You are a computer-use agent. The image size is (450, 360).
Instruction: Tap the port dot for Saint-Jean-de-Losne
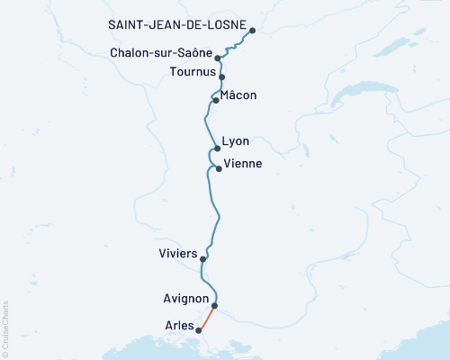click(x=252, y=31)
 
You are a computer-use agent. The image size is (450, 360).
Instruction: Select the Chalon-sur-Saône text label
click(x=160, y=53)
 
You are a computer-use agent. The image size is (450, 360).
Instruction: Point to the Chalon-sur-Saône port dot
click(x=218, y=58)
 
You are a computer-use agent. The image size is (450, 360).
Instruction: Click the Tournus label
click(x=190, y=71)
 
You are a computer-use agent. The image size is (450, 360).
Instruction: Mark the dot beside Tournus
click(x=221, y=77)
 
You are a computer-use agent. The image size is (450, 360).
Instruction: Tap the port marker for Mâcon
click(x=216, y=101)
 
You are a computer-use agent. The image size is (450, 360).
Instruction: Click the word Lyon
click(x=235, y=142)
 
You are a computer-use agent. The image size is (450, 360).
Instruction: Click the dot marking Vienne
click(x=218, y=168)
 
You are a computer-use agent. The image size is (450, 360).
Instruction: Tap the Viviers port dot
click(x=203, y=259)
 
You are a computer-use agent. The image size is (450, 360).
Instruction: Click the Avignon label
click(x=186, y=299)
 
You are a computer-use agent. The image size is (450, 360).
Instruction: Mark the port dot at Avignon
click(x=214, y=305)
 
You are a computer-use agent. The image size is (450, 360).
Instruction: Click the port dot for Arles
click(x=200, y=330)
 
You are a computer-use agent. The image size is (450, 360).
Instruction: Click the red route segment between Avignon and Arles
click(x=207, y=318)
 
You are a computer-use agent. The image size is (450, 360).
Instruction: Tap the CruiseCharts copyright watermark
click(x=5, y=327)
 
